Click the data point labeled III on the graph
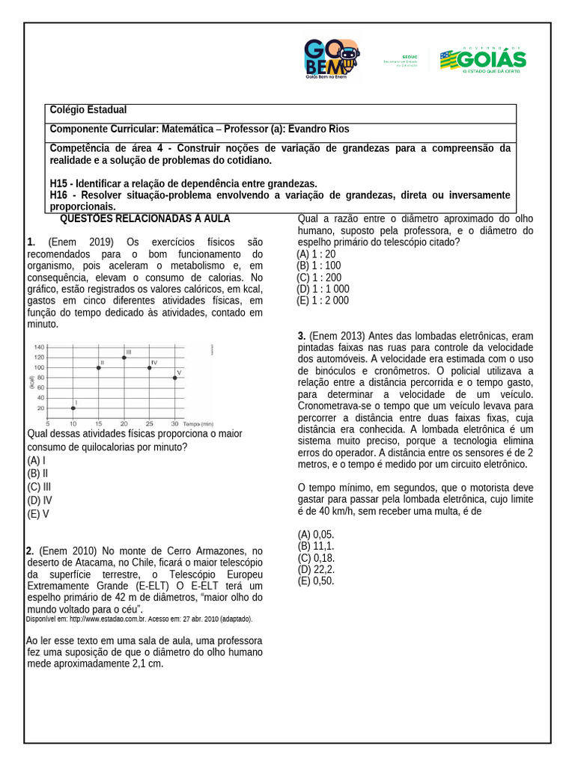pos(124,358)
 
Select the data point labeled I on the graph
pos(73,408)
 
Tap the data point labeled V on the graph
pos(175,378)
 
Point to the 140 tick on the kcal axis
pos(39,347)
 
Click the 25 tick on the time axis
pos(150,423)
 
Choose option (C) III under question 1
pos(39,487)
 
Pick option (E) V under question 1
pos(37,514)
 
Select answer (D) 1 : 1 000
pos(323,289)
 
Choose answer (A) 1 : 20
pos(316,254)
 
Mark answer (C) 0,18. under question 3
pos(316,558)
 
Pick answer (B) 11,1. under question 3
pos(316,546)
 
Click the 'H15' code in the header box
pos(59,183)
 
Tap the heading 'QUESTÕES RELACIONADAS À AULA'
pos(144,218)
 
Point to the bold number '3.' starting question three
pos(302,336)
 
